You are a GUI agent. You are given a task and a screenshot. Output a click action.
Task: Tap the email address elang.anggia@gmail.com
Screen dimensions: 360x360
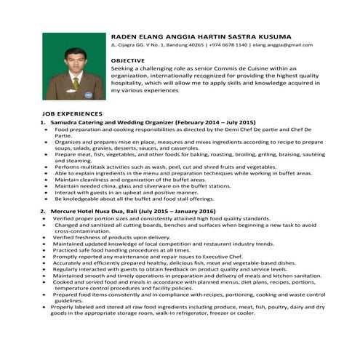point(283,45)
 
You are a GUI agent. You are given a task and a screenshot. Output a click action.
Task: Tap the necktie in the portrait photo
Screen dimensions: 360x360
point(76,82)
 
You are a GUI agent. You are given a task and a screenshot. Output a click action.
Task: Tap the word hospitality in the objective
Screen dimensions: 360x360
point(129,84)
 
